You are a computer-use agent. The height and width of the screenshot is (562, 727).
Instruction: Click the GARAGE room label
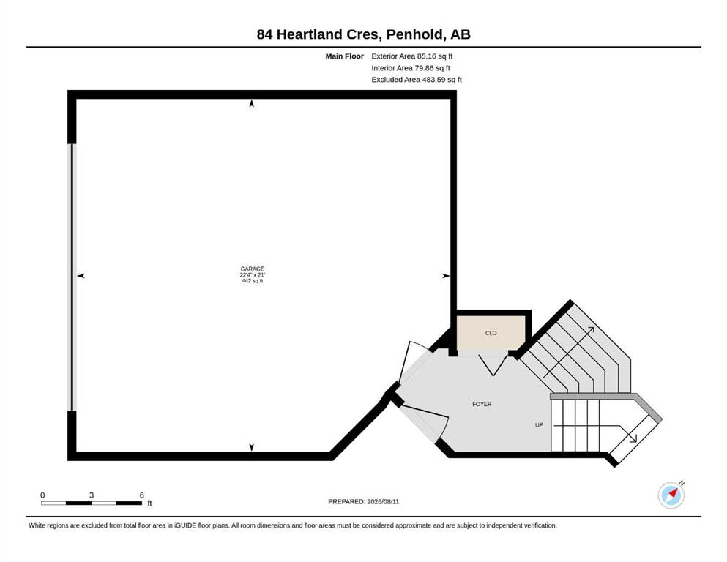click(x=253, y=269)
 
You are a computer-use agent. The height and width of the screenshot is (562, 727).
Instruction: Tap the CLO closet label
click(x=491, y=333)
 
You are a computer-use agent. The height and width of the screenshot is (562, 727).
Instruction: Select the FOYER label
click(x=482, y=404)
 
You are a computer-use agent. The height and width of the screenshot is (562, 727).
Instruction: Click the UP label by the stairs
click(x=539, y=425)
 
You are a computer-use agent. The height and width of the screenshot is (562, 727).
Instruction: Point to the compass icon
click(x=671, y=495)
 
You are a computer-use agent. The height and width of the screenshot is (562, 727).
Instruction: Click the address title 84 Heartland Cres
click(x=319, y=34)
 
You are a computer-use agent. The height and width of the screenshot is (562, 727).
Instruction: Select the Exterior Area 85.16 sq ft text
click(x=411, y=56)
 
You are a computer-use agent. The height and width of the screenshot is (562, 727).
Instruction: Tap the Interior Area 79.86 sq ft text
click(x=411, y=67)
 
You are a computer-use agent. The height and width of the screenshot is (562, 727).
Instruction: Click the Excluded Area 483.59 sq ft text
click(x=417, y=79)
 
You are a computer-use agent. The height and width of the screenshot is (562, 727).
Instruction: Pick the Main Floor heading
click(x=345, y=56)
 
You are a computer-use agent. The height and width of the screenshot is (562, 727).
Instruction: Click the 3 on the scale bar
click(x=92, y=495)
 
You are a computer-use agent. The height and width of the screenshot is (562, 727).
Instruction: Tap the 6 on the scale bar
click(x=142, y=495)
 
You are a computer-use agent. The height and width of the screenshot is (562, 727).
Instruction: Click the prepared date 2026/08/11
click(x=383, y=501)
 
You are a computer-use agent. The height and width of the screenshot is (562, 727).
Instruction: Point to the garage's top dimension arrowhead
click(x=252, y=103)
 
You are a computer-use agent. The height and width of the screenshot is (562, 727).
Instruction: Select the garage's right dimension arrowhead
click(x=446, y=276)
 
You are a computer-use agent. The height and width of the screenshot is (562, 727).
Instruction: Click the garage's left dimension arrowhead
click(x=81, y=276)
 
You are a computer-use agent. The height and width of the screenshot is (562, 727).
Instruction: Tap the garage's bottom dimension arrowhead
click(x=252, y=448)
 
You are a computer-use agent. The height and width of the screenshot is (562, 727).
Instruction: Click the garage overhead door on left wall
click(x=72, y=277)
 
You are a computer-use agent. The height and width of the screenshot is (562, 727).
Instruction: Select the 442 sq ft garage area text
click(x=253, y=281)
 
